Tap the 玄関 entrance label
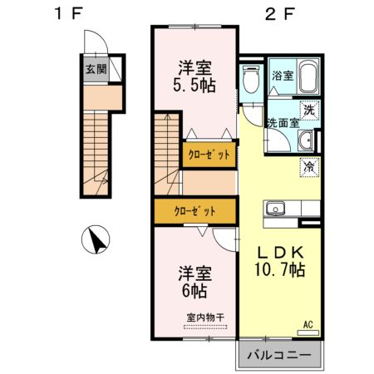tap(96, 69)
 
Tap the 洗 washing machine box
tap(308, 109)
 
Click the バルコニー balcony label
tap(278, 357)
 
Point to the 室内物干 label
tap(205, 317)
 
